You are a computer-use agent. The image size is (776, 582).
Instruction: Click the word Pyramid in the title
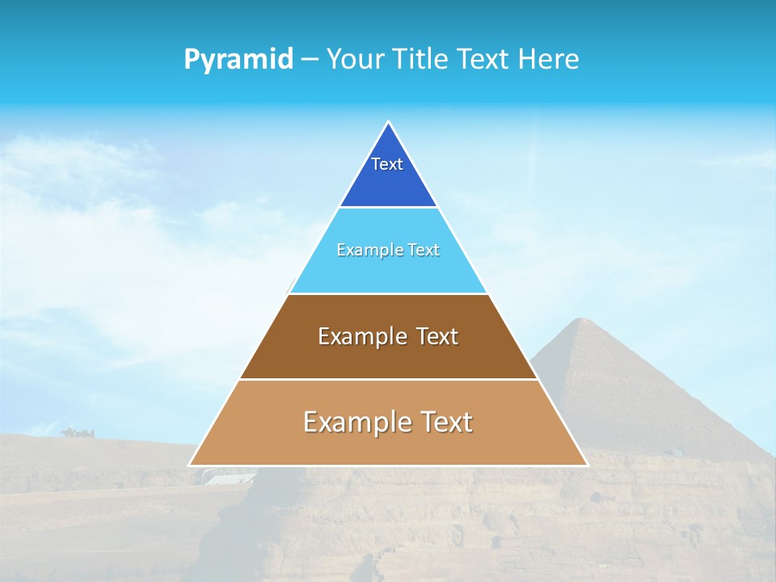tap(238, 60)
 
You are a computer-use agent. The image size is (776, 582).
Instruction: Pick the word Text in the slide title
tap(483, 60)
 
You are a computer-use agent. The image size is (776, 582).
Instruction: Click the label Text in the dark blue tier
tap(387, 164)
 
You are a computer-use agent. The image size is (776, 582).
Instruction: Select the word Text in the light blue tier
tap(424, 251)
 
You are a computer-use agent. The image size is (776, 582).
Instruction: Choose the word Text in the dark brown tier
tap(436, 336)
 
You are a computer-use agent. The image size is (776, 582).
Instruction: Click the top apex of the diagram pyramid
tap(388, 123)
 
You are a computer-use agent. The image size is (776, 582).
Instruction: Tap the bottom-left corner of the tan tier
tap(191, 465)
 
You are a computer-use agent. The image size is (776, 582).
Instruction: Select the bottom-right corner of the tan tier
tap(586, 465)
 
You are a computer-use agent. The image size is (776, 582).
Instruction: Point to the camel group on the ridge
tap(77, 432)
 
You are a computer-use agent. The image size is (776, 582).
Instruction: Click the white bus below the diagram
tap(222, 476)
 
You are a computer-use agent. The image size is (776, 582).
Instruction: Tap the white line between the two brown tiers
tap(388, 379)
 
